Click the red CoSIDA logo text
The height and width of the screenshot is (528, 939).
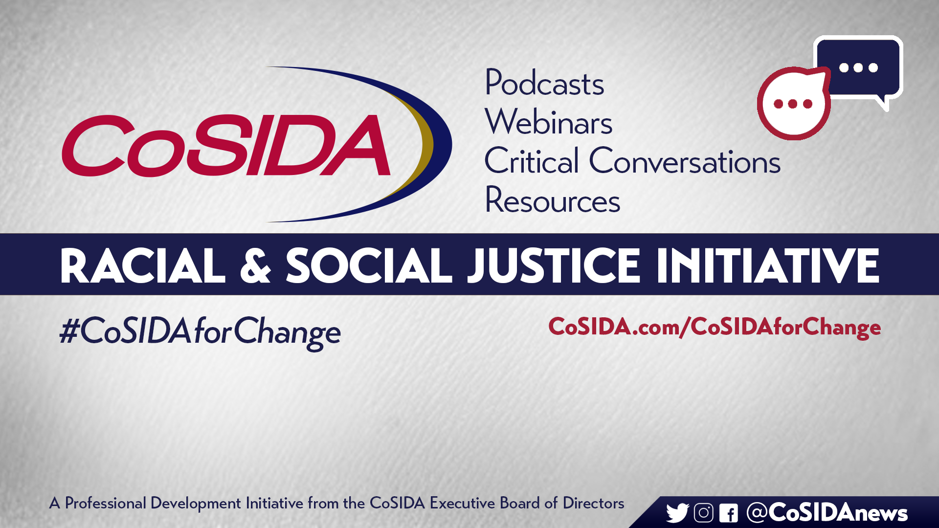coord(226,146)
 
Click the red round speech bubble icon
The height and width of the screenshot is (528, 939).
coord(793,103)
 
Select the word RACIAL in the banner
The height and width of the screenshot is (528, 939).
coord(142,265)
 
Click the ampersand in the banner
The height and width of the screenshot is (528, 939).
coord(255,265)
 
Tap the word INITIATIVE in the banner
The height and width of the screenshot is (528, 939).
coord(768,265)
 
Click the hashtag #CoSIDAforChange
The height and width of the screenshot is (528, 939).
coord(200,332)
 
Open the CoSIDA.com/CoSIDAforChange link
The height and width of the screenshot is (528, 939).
coord(715,327)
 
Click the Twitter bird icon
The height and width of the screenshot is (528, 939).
coord(677,513)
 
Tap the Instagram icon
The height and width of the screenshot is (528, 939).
coord(703,513)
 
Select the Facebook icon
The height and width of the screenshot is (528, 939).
coord(728,513)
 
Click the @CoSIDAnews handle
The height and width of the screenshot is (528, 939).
coord(827,512)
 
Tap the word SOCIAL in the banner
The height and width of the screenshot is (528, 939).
coord(369,265)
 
